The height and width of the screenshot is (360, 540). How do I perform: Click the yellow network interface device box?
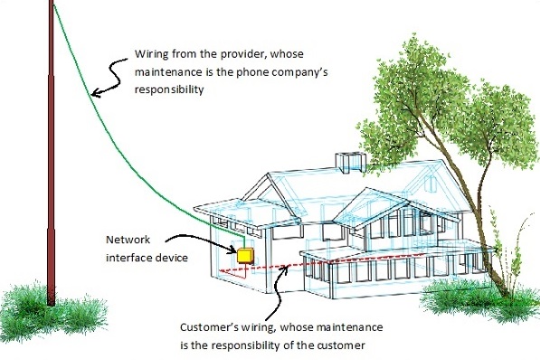coord(243,255)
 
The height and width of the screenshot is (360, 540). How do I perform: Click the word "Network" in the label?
coord(128,241)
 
